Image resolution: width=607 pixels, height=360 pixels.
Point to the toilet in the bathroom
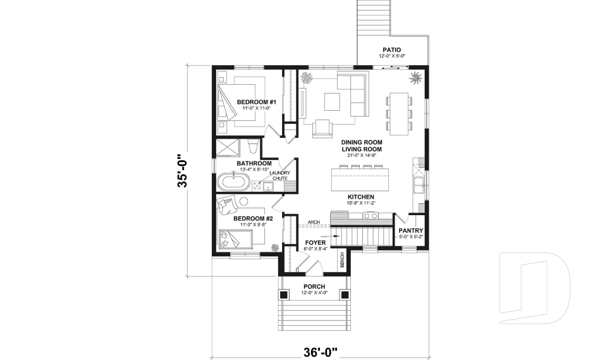tap(252, 148)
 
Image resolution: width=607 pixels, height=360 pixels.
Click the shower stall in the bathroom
tap(229, 147)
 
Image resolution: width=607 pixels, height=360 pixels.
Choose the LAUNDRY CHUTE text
tap(279, 176)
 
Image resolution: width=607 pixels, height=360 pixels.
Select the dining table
tap(398, 113)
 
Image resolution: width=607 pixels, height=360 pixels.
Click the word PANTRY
tap(410, 231)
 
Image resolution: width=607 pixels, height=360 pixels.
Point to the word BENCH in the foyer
tap(342, 259)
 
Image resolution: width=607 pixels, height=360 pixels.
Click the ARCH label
tap(313, 223)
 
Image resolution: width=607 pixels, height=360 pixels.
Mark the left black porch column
tap(284, 294)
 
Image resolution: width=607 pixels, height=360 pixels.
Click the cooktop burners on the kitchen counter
tap(370, 216)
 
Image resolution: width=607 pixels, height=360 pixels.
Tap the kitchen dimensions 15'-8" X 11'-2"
tap(361, 204)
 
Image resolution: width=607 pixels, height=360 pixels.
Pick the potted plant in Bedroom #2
tap(275, 247)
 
